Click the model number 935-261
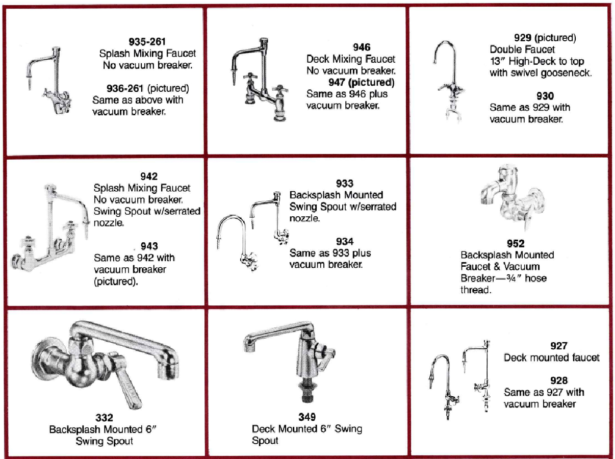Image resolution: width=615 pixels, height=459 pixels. (x=147, y=41)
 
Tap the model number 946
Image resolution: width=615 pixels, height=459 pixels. (x=361, y=47)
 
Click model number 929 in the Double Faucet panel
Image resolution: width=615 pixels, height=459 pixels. (x=523, y=38)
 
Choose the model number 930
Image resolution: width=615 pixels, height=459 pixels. (x=545, y=96)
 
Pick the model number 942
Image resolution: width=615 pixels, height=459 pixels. (x=149, y=176)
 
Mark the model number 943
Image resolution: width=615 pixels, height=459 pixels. (x=149, y=246)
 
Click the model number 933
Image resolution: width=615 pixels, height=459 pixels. (x=345, y=183)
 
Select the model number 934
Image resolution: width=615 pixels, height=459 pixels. (x=345, y=241)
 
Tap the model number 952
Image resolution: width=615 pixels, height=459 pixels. (x=516, y=243)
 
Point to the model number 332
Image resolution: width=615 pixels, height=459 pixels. (x=105, y=418)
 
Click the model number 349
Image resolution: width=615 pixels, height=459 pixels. (x=307, y=417)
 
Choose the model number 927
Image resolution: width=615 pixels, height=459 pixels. (x=559, y=346)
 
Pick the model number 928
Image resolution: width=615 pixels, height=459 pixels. (x=559, y=380)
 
